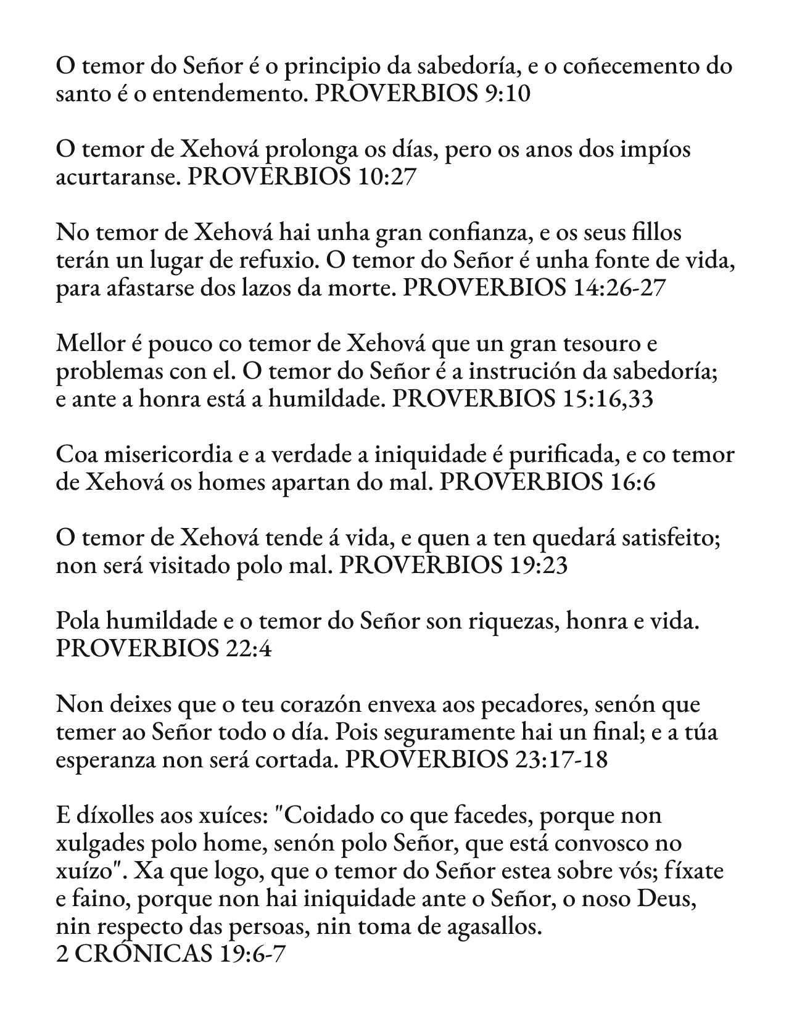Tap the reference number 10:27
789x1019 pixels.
pyautogui.click(x=386, y=177)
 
